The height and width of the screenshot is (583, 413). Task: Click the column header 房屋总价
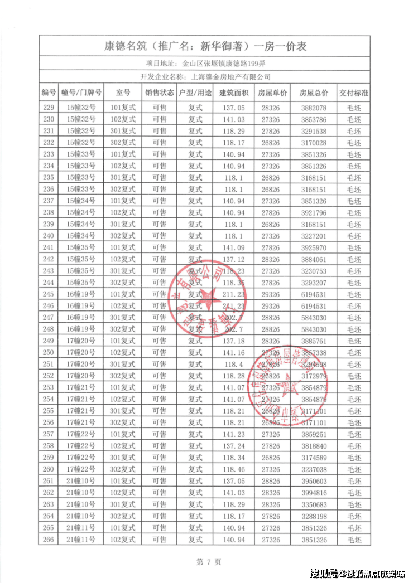pyautogui.click(x=314, y=93)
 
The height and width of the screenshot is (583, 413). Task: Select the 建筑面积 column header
pyautogui.click(x=232, y=93)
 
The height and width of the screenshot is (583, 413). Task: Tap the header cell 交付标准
pyautogui.click(x=354, y=93)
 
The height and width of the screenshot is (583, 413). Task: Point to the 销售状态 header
pyautogui.click(x=160, y=93)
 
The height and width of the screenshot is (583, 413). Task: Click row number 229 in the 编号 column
pyautogui.click(x=49, y=108)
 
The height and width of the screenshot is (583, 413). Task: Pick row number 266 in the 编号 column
pyautogui.click(x=49, y=540)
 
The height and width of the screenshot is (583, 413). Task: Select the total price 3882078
pyautogui.click(x=314, y=108)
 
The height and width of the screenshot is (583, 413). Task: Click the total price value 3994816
pyautogui.click(x=314, y=493)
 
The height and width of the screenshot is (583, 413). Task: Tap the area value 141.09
pyautogui.click(x=232, y=247)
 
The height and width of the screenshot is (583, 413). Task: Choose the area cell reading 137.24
pyautogui.click(x=232, y=446)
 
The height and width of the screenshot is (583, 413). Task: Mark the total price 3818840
pyautogui.click(x=314, y=446)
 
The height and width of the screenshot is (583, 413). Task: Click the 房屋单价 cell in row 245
pyautogui.click(x=273, y=294)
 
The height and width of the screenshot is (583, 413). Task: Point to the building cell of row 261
pyautogui.click(x=81, y=481)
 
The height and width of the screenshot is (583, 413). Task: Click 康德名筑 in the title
pyautogui.click(x=129, y=46)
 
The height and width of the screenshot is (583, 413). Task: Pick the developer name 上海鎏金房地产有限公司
pyautogui.click(x=230, y=77)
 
